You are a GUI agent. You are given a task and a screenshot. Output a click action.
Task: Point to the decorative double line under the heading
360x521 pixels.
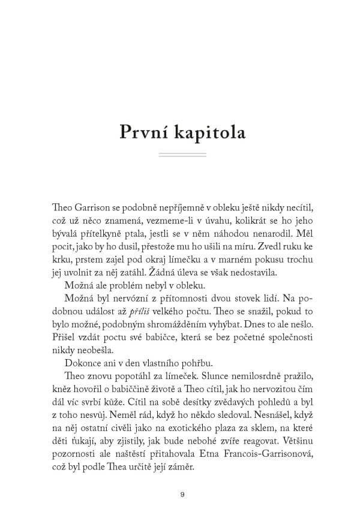point(180,155)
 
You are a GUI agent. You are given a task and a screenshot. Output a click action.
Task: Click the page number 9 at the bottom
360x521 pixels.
point(181,495)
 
